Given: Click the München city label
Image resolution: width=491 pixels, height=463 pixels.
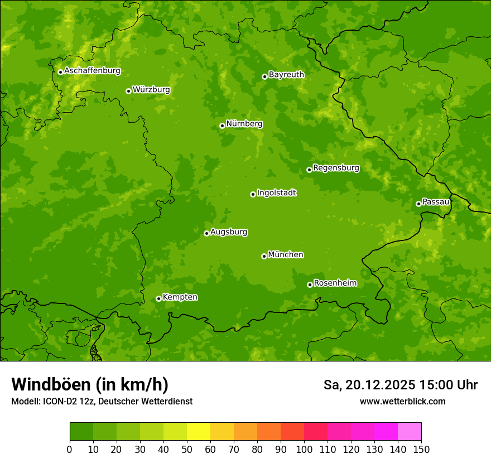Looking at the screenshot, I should point(286,255).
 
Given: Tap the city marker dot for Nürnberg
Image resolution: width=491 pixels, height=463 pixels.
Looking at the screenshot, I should point(222,126).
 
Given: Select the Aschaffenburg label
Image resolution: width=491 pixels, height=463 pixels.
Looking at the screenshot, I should point(92,71).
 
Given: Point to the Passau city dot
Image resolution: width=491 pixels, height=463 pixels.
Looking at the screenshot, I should point(418,204).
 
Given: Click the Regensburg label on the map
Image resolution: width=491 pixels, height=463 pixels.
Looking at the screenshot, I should point(336,168).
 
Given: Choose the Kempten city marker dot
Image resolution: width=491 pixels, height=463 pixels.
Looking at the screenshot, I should point(158,298).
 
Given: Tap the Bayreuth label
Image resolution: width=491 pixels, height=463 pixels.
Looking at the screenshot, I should point(286,75).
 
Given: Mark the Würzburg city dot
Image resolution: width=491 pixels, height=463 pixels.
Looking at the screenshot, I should point(128,91).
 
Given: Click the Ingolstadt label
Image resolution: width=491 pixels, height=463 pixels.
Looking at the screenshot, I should point(276,193).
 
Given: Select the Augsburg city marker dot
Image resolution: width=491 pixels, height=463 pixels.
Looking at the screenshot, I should point(206,233).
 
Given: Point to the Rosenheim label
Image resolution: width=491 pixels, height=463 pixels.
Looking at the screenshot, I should point(335,283).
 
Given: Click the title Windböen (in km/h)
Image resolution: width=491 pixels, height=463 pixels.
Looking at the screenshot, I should point(90,384).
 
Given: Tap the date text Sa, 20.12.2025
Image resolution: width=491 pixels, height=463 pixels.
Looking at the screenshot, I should point(369,385).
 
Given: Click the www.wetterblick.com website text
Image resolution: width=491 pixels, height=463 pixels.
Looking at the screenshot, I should point(402,401).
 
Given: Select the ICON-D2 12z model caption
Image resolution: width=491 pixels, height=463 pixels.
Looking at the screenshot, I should point(102,401).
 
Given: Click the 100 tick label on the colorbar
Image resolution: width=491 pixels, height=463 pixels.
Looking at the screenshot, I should point(304,450).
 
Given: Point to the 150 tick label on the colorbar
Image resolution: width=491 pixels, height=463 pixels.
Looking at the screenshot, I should point(421,450).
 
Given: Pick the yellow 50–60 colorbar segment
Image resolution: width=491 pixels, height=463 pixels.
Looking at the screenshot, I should point(199,432).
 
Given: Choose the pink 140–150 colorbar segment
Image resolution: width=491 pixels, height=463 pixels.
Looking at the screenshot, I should point(410,432).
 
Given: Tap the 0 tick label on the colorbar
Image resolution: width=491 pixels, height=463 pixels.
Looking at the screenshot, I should point(70,450).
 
